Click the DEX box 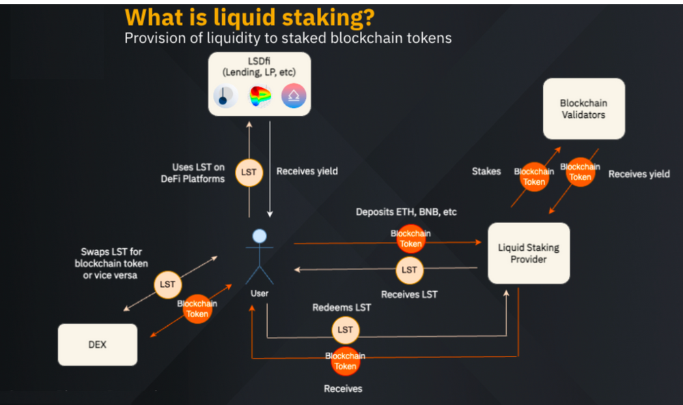tap(98, 344)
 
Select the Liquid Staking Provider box tap(529, 253)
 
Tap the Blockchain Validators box tap(583, 109)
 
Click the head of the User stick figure tap(260, 237)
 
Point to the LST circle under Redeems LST tap(346, 330)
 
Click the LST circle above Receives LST tap(409, 270)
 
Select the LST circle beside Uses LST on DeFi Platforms tap(249, 172)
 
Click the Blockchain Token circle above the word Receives tap(345, 361)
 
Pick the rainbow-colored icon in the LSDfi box tap(260, 96)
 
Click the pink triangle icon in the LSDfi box tap(294, 96)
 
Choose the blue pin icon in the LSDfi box tap(224, 97)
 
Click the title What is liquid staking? tap(249, 16)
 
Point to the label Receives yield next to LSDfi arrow tap(307, 171)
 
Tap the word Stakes tap(486, 172)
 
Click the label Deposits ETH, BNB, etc tap(406, 212)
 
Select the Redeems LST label tap(341, 307)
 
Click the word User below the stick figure tap(260, 294)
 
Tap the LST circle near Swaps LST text tap(167, 284)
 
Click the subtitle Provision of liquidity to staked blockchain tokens tap(288, 37)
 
